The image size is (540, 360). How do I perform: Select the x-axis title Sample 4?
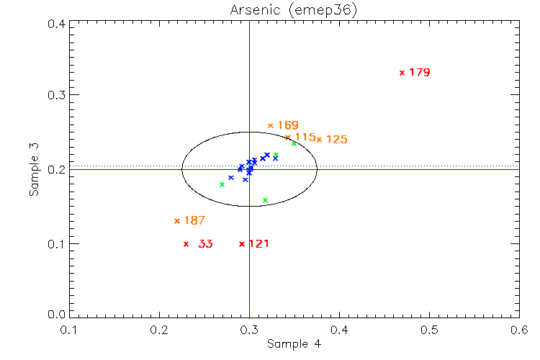[x=294, y=344]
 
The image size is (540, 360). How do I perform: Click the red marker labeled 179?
[x=402, y=73]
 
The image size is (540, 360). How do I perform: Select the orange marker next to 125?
[x=319, y=139]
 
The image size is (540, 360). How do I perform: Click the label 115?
[x=305, y=137]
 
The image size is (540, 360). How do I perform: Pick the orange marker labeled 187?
[x=177, y=221]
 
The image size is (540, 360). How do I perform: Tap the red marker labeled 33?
[x=186, y=244]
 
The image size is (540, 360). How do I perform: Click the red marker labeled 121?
[x=241, y=244]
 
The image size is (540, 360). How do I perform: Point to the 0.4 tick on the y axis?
[x=57, y=24]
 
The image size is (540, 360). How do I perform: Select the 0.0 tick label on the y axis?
[x=57, y=315]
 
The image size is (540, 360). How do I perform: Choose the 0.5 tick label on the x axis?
[x=429, y=330]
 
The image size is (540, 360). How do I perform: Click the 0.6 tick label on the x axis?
[x=519, y=330]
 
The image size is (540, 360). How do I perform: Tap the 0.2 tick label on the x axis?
[x=159, y=330]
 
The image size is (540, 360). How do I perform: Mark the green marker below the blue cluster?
[x=265, y=200]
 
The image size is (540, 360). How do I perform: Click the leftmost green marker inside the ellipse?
[x=222, y=184]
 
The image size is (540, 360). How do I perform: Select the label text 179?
[x=419, y=73]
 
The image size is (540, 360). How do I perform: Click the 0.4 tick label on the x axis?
[x=339, y=330]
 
